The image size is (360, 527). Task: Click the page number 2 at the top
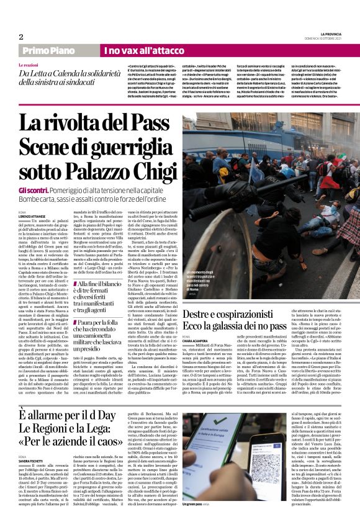coord(21,37)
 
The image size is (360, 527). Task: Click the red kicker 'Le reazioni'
coord(30,65)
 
